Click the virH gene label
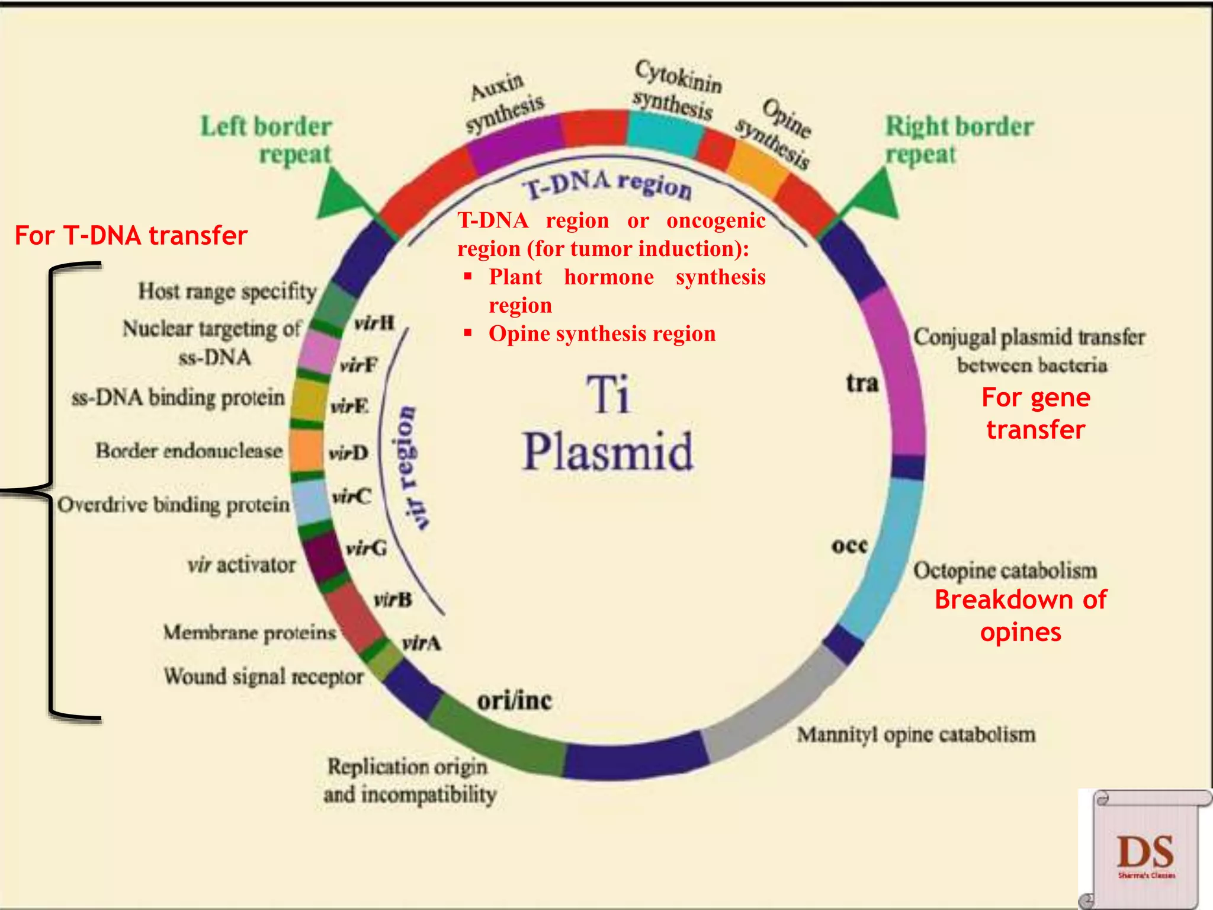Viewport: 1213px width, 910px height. click(x=374, y=323)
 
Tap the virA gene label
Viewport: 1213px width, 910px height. click(x=421, y=643)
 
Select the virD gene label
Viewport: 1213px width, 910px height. click(x=348, y=454)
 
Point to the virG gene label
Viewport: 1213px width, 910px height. click(x=367, y=548)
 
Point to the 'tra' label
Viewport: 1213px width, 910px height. click(x=862, y=383)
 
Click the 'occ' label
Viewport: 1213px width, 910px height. click(x=849, y=545)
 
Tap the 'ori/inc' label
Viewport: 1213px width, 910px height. click(x=515, y=701)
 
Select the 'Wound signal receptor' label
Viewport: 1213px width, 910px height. click(x=264, y=676)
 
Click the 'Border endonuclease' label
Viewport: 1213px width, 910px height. click(x=189, y=451)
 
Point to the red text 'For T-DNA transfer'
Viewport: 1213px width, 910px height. click(x=131, y=235)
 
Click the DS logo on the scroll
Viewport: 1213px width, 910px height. click(x=1145, y=853)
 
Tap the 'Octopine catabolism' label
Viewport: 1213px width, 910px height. click(x=1005, y=571)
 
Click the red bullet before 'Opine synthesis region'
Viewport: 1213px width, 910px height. click(x=468, y=332)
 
